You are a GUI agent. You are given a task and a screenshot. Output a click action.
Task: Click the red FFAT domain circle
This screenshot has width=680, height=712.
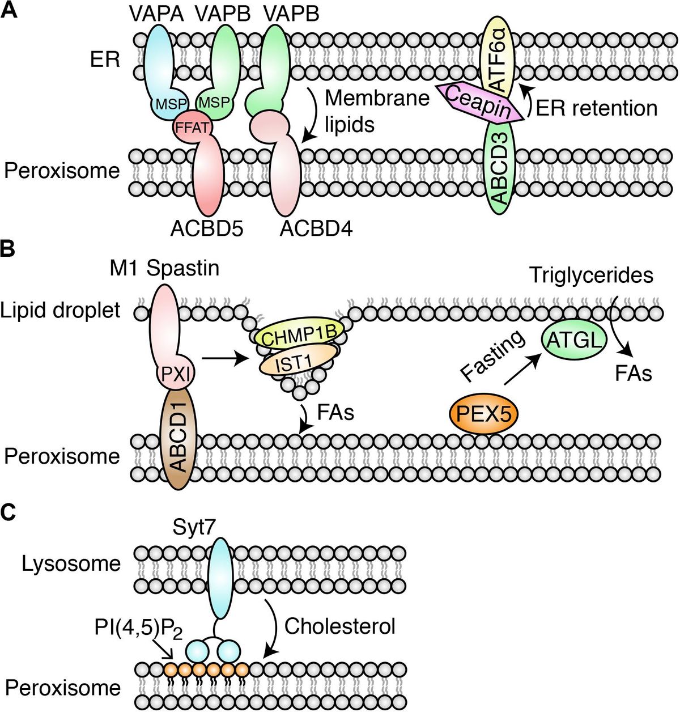pyautogui.click(x=192, y=128)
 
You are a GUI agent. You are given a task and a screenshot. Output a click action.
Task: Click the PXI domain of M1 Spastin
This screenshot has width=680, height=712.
pyautogui.click(x=175, y=374)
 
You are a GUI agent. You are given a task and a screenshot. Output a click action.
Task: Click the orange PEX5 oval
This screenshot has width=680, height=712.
pyautogui.click(x=483, y=414)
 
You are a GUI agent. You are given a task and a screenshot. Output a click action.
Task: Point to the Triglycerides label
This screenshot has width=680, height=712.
pyautogui.click(x=591, y=276)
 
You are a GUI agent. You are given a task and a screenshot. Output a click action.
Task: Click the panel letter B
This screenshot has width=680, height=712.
pyautogui.click(x=9, y=250)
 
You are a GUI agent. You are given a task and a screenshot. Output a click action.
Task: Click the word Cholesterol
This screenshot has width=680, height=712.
pyautogui.click(x=339, y=626)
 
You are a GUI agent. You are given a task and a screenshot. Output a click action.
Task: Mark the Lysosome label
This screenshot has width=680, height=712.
pyautogui.click(x=71, y=564)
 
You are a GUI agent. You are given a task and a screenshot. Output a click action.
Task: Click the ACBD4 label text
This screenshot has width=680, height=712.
pyautogui.click(x=316, y=229)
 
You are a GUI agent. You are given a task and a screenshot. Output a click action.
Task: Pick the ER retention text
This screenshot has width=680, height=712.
pyautogui.click(x=596, y=108)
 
